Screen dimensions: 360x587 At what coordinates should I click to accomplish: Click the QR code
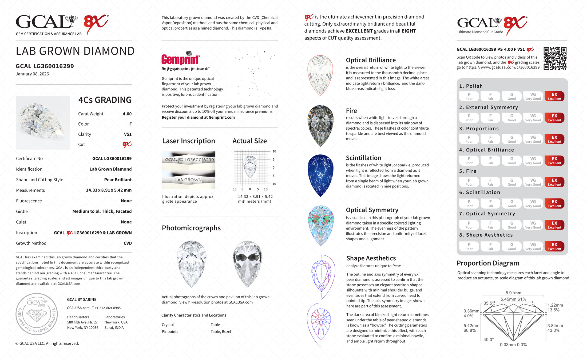pyautogui.click(x=555, y=58)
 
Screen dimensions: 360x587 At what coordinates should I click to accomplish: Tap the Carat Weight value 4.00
pyautogui.click(x=127, y=114)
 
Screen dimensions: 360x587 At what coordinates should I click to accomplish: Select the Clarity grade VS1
pyautogui.click(x=128, y=134)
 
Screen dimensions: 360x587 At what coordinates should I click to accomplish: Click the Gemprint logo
pyautogui.click(x=181, y=59)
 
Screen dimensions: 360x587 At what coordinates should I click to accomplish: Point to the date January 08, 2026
pyautogui.click(x=32, y=74)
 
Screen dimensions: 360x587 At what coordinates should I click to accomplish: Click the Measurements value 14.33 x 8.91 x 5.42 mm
pyautogui.click(x=109, y=190)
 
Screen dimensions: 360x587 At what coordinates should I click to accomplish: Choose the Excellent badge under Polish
pyautogui.click(x=554, y=96)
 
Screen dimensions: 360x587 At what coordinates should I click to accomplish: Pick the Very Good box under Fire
pyautogui.click(x=533, y=182)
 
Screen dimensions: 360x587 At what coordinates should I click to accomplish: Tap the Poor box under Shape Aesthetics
pyautogui.click(x=469, y=246)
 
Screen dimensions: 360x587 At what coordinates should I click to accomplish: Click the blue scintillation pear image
pyautogui.click(x=320, y=175)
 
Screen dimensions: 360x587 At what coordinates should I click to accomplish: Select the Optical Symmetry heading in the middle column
pyautogui.click(x=372, y=210)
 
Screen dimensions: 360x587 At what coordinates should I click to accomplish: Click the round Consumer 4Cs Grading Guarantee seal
pyautogui.click(x=37, y=314)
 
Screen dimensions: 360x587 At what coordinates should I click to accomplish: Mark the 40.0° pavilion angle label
pyautogui.click(x=488, y=340)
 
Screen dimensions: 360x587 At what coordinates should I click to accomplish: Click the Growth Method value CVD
pyautogui.click(x=128, y=243)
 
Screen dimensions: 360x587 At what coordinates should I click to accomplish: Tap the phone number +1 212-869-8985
pyautogui.click(x=106, y=308)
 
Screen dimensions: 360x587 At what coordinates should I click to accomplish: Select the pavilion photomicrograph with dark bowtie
pyautogui.click(x=247, y=263)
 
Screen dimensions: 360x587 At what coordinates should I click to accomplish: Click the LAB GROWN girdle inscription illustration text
pyautogui.click(x=188, y=180)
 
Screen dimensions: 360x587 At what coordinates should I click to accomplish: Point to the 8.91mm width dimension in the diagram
pyautogui.click(x=513, y=293)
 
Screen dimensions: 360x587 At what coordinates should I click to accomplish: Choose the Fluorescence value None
pyautogui.click(x=126, y=201)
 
